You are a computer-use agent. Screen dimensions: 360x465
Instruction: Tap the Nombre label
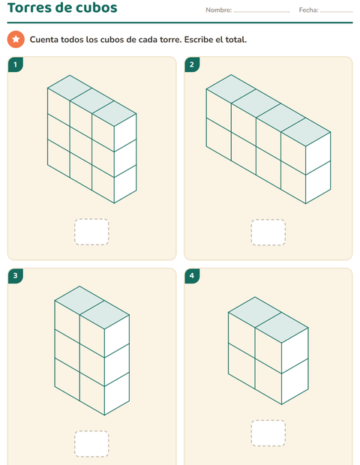(x=218, y=10)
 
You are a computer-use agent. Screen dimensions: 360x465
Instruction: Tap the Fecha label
(x=308, y=10)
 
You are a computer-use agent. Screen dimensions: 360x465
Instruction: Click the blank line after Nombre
(x=262, y=12)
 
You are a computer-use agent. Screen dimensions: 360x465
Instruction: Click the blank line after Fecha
(x=336, y=12)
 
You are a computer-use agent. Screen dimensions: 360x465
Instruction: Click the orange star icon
(x=16, y=39)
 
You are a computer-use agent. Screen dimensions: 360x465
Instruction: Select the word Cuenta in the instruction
(x=44, y=40)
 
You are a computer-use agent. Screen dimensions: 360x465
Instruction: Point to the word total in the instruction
(x=236, y=40)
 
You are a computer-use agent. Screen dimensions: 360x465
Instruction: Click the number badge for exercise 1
(x=16, y=64)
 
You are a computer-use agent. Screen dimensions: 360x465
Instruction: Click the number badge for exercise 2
(x=192, y=64)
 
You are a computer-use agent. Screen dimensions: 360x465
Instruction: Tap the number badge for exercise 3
(x=16, y=276)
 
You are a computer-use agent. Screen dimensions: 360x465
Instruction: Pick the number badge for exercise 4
(x=192, y=276)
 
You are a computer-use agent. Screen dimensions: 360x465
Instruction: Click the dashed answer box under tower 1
(x=91, y=232)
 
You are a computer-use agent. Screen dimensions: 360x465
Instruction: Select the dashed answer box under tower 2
(x=268, y=232)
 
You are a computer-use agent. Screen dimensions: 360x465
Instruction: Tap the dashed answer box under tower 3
(x=91, y=444)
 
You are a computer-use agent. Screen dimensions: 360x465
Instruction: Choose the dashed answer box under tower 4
(x=268, y=433)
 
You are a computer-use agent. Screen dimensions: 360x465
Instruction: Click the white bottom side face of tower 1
(x=125, y=184)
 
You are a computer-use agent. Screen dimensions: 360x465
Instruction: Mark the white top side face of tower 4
(x=295, y=350)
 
